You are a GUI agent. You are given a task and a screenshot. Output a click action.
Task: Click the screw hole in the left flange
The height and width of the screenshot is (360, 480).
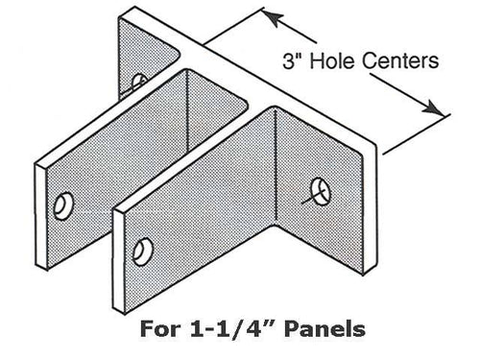[x=65, y=204]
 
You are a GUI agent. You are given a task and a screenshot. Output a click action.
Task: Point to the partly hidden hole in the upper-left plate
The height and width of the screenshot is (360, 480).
[x=139, y=81]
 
